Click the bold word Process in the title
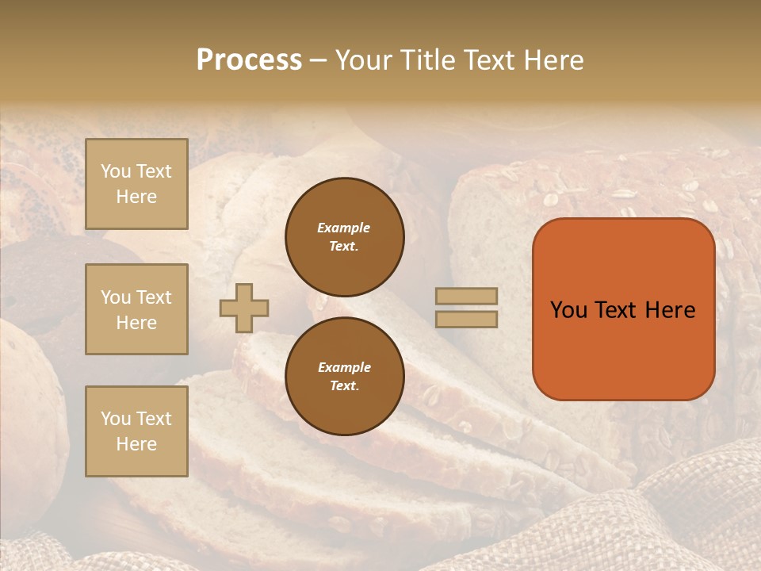click(249, 60)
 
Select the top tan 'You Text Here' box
click(136, 184)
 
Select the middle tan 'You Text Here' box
click(136, 309)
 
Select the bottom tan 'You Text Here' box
click(136, 431)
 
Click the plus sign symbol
click(244, 308)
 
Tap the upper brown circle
click(344, 237)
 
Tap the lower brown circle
click(344, 376)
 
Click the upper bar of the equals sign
click(466, 296)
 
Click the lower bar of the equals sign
click(466, 319)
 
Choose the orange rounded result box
click(623, 309)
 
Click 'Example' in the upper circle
click(344, 228)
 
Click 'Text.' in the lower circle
click(344, 386)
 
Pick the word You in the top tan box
click(116, 171)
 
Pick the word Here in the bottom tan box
click(136, 444)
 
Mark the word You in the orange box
click(568, 310)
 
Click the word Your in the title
click(365, 60)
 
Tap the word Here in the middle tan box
click(136, 323)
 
